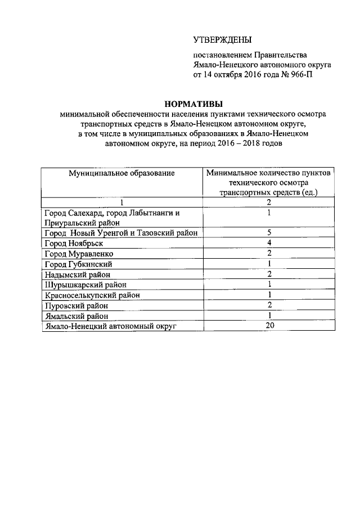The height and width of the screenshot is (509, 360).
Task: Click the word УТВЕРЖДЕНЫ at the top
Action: pyautogui.click(x=222, y=40)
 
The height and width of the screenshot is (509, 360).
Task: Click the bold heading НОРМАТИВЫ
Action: pyautogui.click(x=193, y=103)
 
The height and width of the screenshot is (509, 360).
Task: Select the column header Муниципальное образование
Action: pyautogui.click(x=122, y=173)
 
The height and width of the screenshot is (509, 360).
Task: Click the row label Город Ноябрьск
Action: pyautogui.click(x=73, y=244)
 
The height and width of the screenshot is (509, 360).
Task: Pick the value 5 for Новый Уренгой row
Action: pyautogui.click(x=270, y=233)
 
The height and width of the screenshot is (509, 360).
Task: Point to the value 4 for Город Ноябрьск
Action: pyautogui.click(x=270, y=244)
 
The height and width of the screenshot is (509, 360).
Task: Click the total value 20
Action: pyautogui.click(x=270, y=326)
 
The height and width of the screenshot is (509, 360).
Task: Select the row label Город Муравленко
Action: pyautogui.click(x=78, y=254)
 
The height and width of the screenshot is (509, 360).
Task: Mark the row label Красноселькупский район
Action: pyautogui.click(x=92, y=295)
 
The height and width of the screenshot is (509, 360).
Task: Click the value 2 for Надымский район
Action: pyautogui.click(x=270, y=274)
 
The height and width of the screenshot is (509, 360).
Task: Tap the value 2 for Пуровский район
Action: pyautogui.click(x=270, y=305)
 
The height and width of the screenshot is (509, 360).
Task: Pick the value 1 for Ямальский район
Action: pyautogui.click(x=270, y=316)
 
